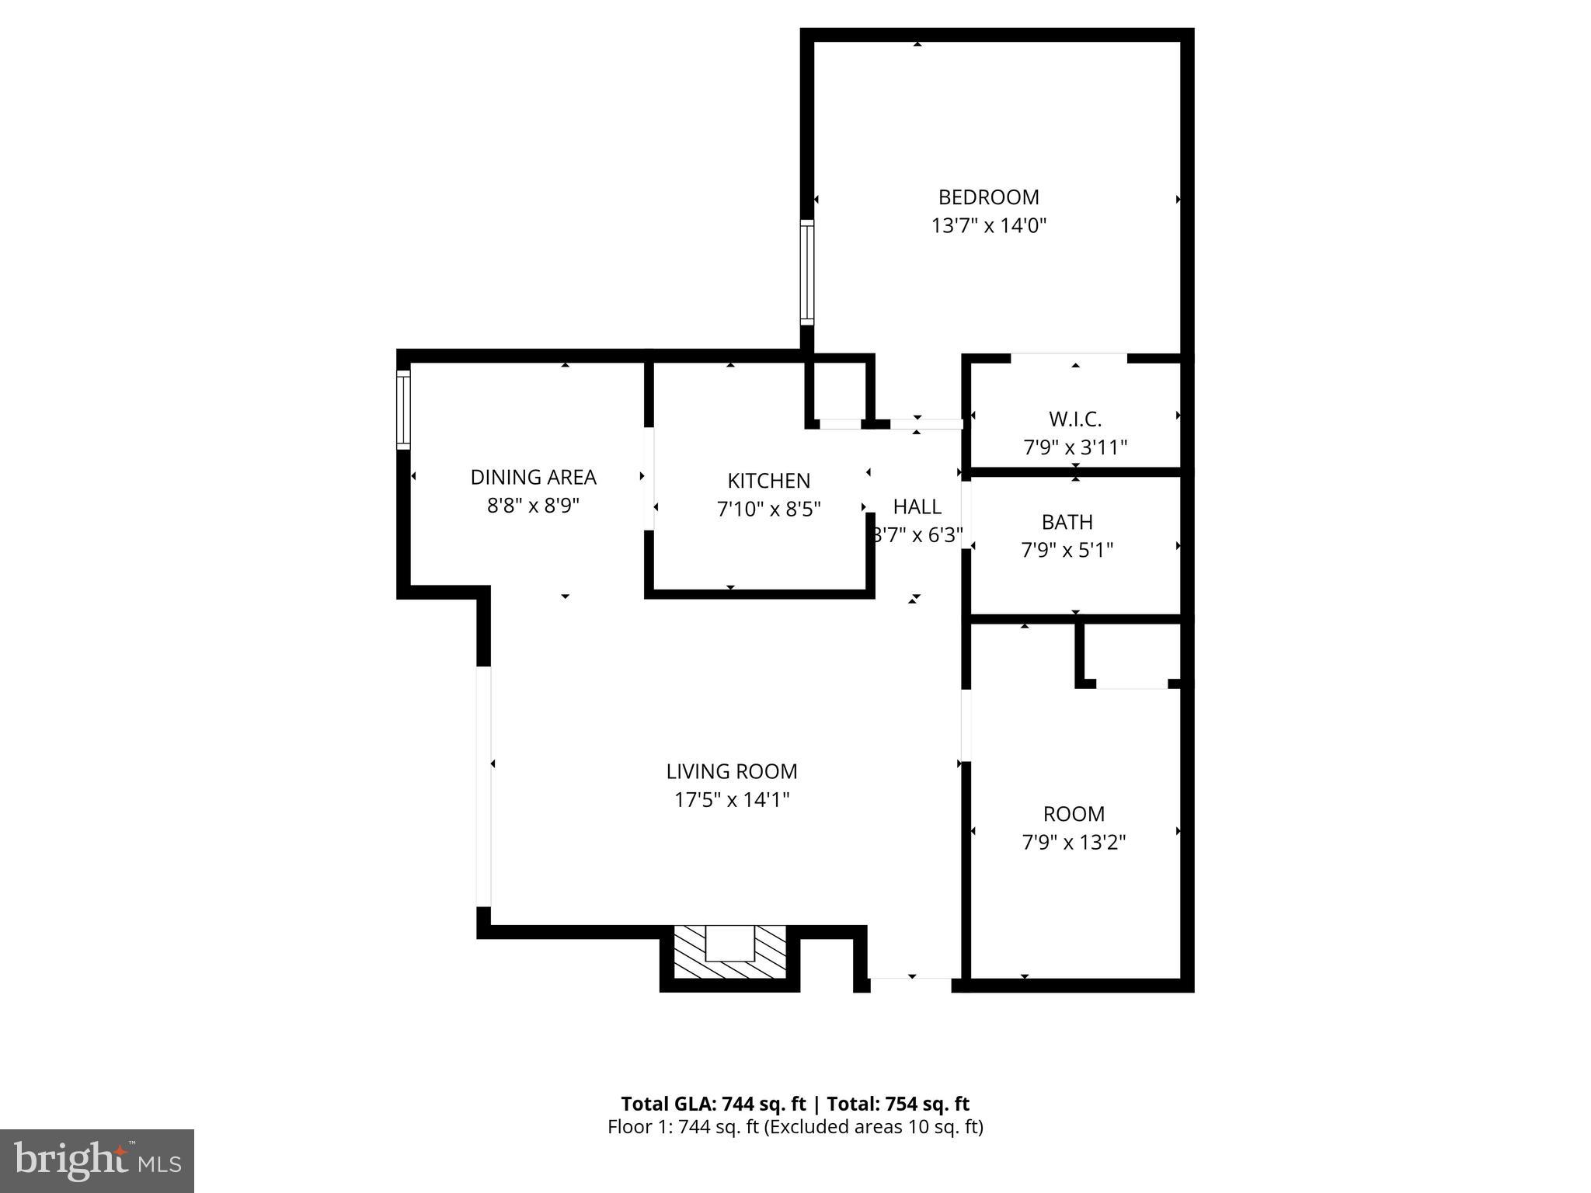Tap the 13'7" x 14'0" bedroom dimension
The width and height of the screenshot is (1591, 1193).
pyautogui.click(x=988, y=226)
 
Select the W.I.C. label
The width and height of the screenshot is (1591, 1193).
pyautogui.click(x=1075, y=419)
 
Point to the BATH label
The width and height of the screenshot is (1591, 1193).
pyautogui.click(x=1067, y=522)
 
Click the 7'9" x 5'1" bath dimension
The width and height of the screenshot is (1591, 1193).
pyautogui.click(x=1067, y=551)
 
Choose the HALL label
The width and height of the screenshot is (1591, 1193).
pyautogui.click(x=917, y=507)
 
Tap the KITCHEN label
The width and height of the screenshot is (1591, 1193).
pyautogui.click(x=768, y=481)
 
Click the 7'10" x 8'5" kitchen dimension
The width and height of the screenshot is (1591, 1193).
pyautogui.click(x=768, y=510)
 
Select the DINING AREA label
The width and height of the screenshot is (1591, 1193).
pyautogui.click(x=533, y=477)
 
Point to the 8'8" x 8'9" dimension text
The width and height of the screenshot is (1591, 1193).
pyautogui.click(x=533, y=506)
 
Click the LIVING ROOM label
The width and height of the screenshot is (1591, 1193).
pyautogui.click(x=731, y=771)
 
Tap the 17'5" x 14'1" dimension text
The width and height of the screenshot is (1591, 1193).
pyautogui.click(x=731, y=800)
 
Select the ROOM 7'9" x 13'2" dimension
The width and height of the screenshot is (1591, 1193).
pyautogui.click(x=1074, y=843)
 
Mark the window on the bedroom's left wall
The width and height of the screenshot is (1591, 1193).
pyautogui.click(x=807, y=272)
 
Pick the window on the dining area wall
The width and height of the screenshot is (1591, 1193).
pyautogui.click(x=403, y=409)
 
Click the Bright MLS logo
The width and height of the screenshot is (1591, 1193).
pyautogui.click(x=96, y=1160)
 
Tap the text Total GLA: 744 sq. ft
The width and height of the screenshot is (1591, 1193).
pyautogui.click(x=713, y=1104)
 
